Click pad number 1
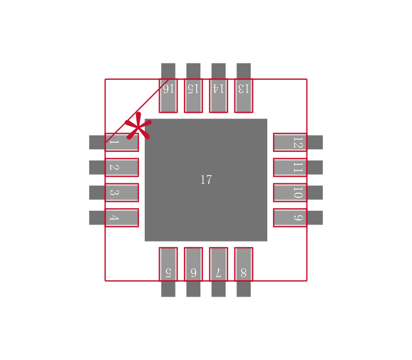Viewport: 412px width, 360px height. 122,142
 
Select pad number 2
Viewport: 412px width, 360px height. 122,167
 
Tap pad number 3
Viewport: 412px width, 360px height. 122,193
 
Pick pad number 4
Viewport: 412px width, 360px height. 122,217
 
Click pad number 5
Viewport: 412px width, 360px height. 168,264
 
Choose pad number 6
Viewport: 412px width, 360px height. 193,264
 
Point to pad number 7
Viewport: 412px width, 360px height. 218,264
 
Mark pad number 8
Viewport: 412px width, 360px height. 244,264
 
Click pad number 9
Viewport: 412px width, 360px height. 290,217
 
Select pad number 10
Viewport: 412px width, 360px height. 290,193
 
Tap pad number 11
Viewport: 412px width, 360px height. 290,167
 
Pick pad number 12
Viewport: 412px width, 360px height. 290,142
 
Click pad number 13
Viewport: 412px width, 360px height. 244,96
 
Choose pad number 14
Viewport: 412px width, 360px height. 218,96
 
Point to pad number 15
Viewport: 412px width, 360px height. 193,96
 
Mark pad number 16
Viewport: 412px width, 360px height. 168,96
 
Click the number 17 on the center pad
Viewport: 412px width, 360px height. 206,180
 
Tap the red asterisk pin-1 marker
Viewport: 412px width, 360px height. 138,127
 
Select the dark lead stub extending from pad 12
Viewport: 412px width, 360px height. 315,142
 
